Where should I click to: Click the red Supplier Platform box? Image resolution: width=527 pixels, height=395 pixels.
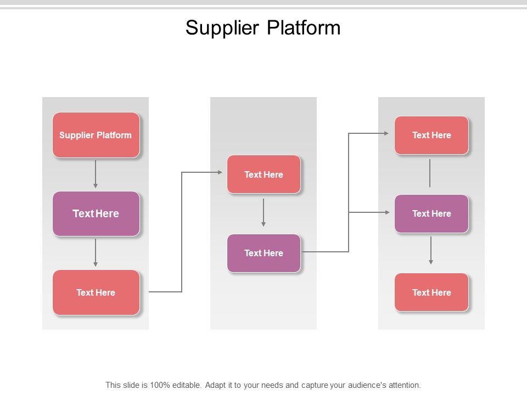[x=96, y=135]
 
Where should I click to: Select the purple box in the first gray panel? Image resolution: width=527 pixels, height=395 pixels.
[x=96, y=213]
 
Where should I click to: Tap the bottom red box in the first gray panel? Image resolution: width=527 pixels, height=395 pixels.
[x=96, y=292]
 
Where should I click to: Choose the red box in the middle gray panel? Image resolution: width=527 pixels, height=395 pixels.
[x=264, y=174]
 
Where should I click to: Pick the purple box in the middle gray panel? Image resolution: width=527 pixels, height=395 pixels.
[x=264, y=253]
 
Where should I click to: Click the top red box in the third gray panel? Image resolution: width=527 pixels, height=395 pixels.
[x=431, y=135]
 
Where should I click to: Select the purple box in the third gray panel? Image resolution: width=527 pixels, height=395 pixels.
[x=431, y=213]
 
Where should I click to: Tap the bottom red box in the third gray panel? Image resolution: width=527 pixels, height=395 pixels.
[x=431, y=292]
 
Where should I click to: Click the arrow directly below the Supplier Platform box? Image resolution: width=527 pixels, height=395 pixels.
[x=96, y=174]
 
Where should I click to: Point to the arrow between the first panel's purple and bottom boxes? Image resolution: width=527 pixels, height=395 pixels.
[x=96, y=252]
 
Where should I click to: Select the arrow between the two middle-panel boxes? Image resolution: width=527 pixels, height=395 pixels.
[x=263, y=212]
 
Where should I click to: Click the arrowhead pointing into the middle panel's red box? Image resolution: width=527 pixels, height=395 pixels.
[x=220, y=172]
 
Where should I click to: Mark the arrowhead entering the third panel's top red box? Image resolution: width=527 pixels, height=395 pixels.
[x=386, y=133]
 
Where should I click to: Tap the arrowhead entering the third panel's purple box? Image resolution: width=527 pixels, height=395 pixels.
[x=387, y=212]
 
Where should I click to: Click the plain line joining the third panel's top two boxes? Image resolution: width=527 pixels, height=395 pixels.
[x=430, y=173]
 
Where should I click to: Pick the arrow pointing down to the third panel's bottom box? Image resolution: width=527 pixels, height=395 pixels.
[x=431, y=250]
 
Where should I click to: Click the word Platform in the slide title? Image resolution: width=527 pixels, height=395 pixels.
[x=304, y=27]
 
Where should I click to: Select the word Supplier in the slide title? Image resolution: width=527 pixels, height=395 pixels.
[x=222, y=28]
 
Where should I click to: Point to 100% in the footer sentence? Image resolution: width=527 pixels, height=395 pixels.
[x=160, y=385]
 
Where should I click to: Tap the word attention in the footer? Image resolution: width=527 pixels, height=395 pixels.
[x=405, y=385]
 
